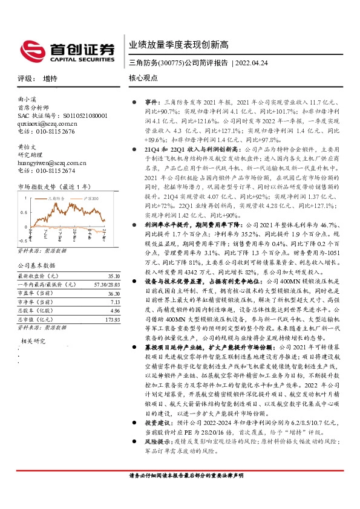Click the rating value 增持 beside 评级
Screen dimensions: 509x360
pos(51,79)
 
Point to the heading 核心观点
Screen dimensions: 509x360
pos(143,79)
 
